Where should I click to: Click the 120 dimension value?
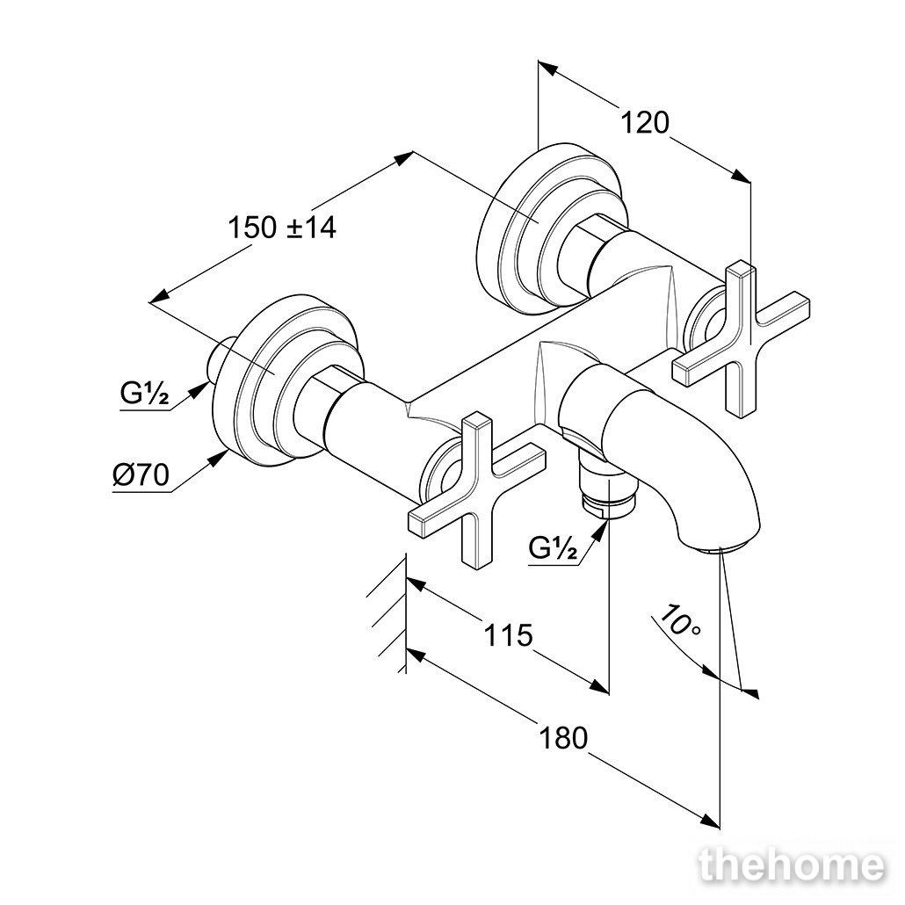pyautogui.click(x=645, y=123)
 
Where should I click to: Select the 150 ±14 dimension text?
pyautogui.click(x=282, y=228)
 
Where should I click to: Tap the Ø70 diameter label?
pyautogui.click(x=141, y=475)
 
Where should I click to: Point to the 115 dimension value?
pyautogui.click(x=508, y=635)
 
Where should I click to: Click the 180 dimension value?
pyautogui.click(x=563, y=738)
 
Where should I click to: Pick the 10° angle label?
pyautogui.click(x=678, y=619)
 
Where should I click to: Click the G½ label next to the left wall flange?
pyautogui.click(x=144, y=395)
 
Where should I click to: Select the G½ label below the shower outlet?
pyautogui.click(x=553, y=547)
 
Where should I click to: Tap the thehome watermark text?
pyautogui.click(x=792, y=866)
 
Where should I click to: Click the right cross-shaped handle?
pyautogui.click(x=741, y=339)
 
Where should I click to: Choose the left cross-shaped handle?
pyautogui.click(x=476, y=488)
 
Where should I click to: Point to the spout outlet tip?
pyautogui.click(x=720, y=549)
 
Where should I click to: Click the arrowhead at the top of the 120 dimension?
pyautogui.click(x=547, y=69)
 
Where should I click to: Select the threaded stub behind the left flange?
pyautogui.click(x=220, y=363)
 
